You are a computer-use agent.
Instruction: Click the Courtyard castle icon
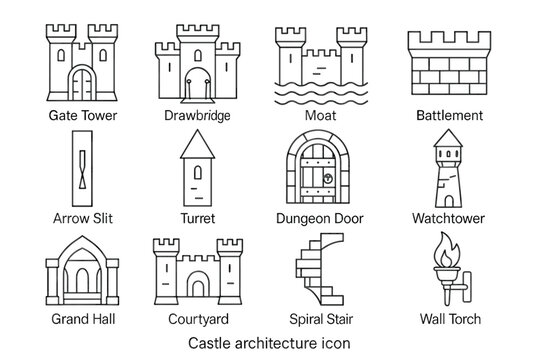tap(197, 272)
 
